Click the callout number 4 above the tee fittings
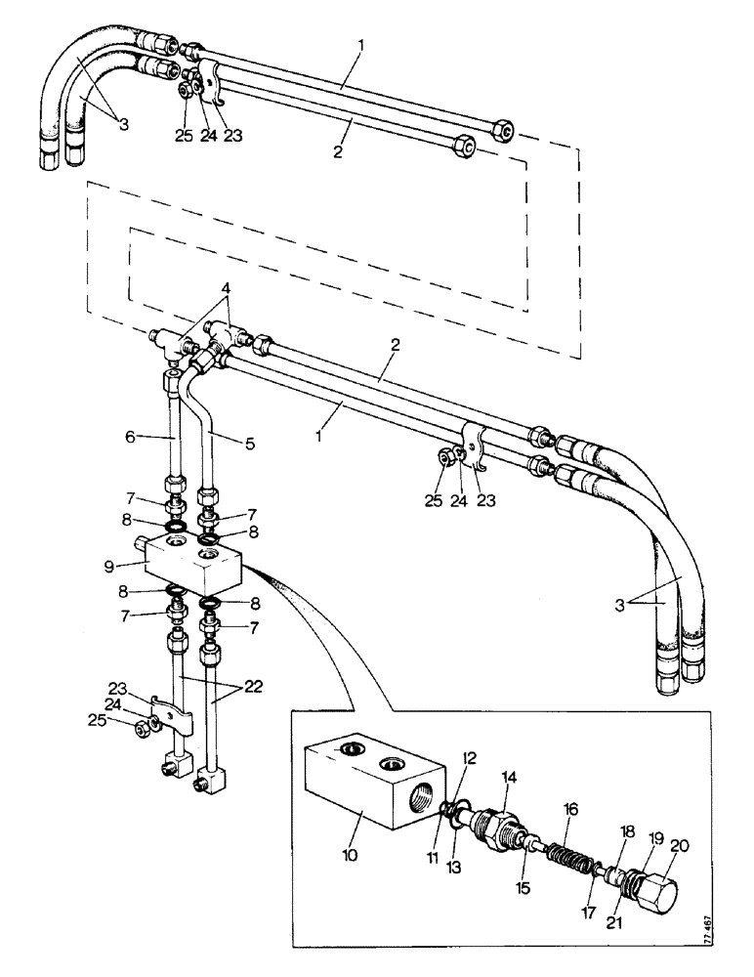(227, 289)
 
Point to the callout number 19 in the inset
(655, 837)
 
